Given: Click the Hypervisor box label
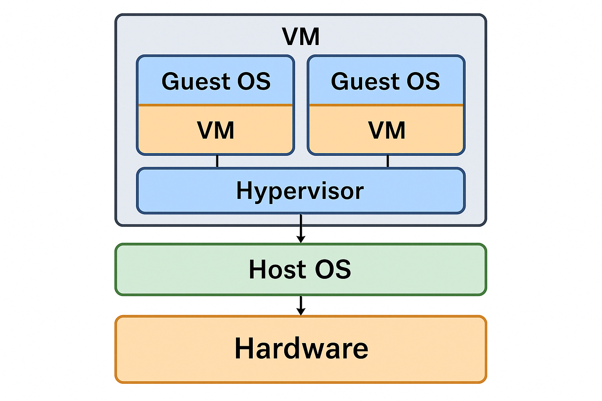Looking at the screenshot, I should (x=300, y=191).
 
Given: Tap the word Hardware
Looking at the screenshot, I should (x=301, y=349).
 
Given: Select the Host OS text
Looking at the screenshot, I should (x=300, y=269).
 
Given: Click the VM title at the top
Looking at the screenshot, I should (x=301, y=37).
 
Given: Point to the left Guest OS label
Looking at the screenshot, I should (x=216, y=81).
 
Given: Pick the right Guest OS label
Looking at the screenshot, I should (x=386, y=81).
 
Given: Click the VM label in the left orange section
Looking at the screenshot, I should (x=216, y=130).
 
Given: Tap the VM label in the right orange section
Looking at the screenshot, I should (x=387, y=130).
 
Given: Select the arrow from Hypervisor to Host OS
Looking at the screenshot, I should (x=301, y=227).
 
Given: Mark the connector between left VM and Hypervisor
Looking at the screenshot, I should (x=217, y=161).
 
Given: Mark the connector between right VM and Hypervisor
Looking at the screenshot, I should (x=388, y=161).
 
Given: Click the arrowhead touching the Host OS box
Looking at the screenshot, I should (x=301, y=239).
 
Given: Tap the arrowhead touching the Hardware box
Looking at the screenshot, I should (x=301, y=312).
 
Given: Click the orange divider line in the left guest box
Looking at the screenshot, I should (x=216, y=105).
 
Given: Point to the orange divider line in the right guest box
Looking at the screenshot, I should (x=386, y=105).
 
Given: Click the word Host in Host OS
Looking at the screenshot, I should (x=278, y=269).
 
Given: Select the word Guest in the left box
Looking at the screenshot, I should (x=196, y=81).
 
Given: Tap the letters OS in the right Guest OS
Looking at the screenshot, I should (x=423, y=81).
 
